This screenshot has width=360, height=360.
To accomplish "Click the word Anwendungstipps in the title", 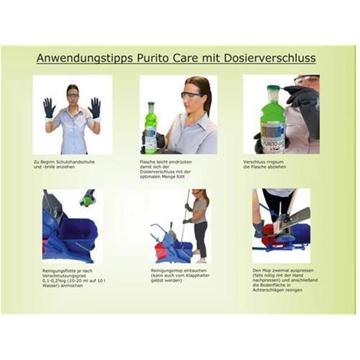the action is pyautogui.click(x=85, y=58).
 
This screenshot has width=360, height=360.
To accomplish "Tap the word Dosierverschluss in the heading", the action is pyautogui.click(x=270, y=58).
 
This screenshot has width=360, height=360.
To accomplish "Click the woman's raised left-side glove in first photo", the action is pyautogui.click(x=49, y=108).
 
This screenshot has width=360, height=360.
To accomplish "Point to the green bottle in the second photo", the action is pyautogui.click(x=150, y=127).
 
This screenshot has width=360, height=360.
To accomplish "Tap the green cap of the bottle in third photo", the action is pyautogui.click(x=273, y=88).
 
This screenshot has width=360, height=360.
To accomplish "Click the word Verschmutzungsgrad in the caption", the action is pyautogui.click(x=64, y=276).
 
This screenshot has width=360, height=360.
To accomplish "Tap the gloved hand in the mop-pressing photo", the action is pyautogui.click(x=259, y=229).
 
